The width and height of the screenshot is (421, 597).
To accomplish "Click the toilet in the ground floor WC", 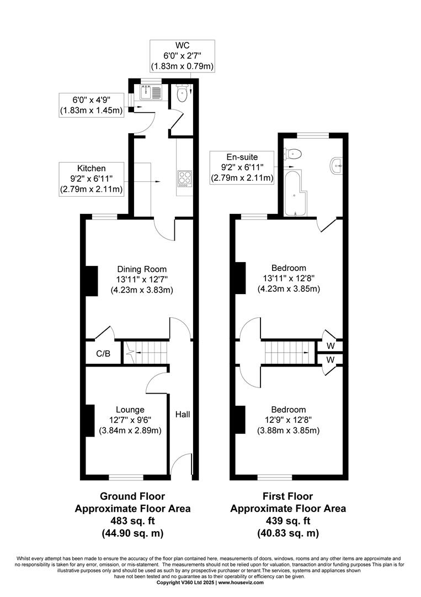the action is point(183,93).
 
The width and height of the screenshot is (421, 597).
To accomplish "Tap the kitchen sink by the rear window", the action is point(151,92).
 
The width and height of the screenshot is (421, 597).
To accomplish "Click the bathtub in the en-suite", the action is point(295,194).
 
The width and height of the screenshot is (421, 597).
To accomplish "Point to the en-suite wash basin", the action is point(337,166).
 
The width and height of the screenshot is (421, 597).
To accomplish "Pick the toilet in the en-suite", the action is point(293,154).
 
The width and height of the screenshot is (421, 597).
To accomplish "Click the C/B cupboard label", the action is point(103,354).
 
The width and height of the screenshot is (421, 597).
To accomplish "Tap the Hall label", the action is point(183,414).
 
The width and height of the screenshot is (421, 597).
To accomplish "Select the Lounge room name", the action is point(130,410).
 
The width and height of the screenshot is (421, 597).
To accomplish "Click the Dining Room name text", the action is point(142,269).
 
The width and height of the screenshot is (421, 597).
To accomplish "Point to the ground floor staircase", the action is point(146,353).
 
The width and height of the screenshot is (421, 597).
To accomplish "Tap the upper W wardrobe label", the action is point(331,346).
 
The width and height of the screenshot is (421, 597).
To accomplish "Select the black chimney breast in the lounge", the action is point(89,420).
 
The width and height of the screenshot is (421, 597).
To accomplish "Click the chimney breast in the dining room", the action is point(91,281).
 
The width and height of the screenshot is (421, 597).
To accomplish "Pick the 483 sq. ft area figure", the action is point(132,521).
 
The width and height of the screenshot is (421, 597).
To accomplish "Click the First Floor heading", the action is point(288,496).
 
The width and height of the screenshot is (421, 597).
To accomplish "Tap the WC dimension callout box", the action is point(183,56).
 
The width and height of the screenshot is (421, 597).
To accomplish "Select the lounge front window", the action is point(126,477).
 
